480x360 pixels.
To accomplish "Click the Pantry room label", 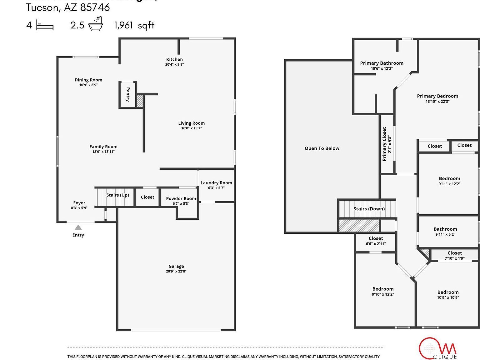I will tap(127, 94).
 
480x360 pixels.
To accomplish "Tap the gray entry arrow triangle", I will tap(78, 227).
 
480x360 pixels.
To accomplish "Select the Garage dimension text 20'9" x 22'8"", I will tap(176, 271).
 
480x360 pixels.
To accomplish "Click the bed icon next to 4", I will tap(45, 25).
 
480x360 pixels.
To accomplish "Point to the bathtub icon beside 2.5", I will tap(95, 24).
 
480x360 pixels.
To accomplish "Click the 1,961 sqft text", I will tap(134, 25).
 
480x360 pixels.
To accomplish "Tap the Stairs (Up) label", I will tap(117, 195).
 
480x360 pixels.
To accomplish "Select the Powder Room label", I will tap(181, 198).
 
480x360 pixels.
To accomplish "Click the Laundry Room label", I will tap(216, 183).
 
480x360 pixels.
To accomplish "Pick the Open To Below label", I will tap(322, 148).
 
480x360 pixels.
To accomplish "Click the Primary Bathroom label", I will tap(382, 63).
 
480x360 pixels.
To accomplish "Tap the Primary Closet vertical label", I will tap(384, 144).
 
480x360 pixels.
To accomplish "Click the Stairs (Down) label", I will tap(369, 209).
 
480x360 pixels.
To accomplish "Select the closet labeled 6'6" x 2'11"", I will tap(376, 241).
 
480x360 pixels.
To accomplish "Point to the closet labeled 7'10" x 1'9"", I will tap(454, 255).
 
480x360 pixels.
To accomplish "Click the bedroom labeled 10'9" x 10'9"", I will tap(448, 295).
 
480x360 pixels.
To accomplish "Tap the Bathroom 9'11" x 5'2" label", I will tap(445, 232).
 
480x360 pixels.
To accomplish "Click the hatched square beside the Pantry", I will tap(140, 101).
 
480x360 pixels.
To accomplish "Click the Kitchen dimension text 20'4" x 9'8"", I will tap(174, 64).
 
